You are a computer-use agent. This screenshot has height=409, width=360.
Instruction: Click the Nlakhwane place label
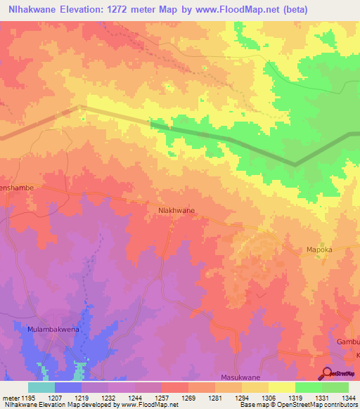pyautogui.click(x=176, y=209)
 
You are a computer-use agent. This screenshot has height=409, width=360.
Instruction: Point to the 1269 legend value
pyautogui.click(x=188, y=397)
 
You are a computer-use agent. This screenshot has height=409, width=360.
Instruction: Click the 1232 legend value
pyautogui.click(x=108, y=397)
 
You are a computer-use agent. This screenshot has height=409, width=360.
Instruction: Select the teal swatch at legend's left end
pyautogui.click(x=41, y=387)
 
